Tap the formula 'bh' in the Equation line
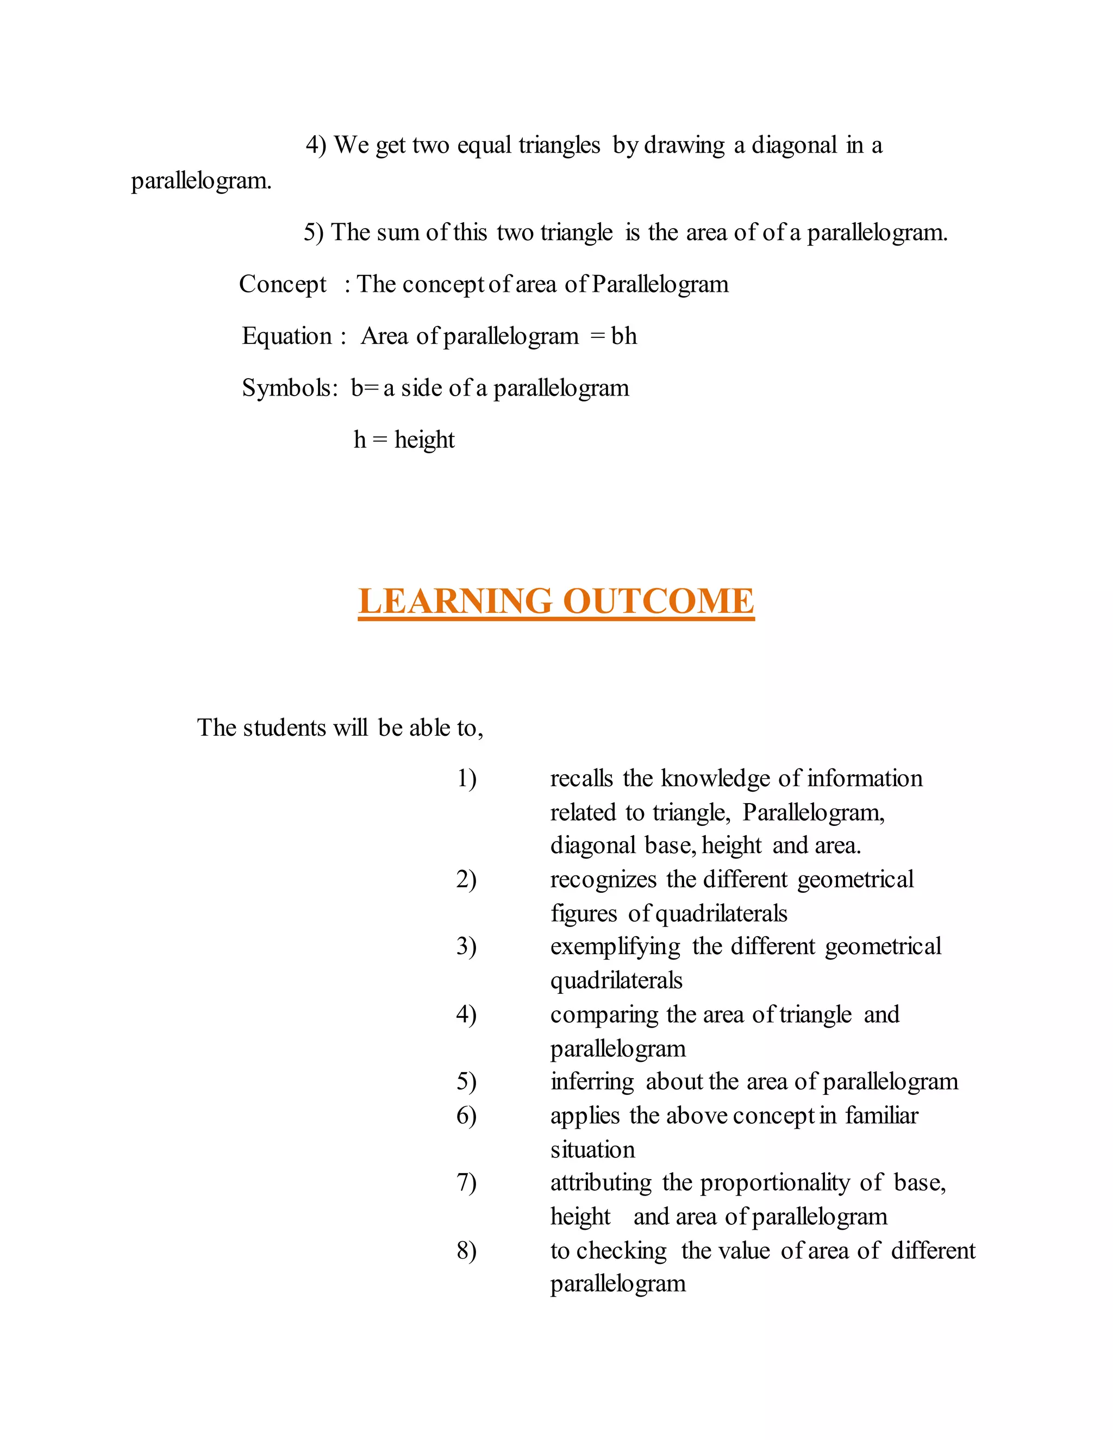624,336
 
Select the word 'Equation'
287,336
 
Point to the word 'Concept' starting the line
282,284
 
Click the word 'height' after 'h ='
424,440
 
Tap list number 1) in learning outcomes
467,779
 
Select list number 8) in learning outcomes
467,1251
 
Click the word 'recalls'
581,779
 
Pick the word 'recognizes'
603,880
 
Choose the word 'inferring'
591,1082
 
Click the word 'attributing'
601,1183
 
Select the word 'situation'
592,1150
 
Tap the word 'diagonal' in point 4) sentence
794,145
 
